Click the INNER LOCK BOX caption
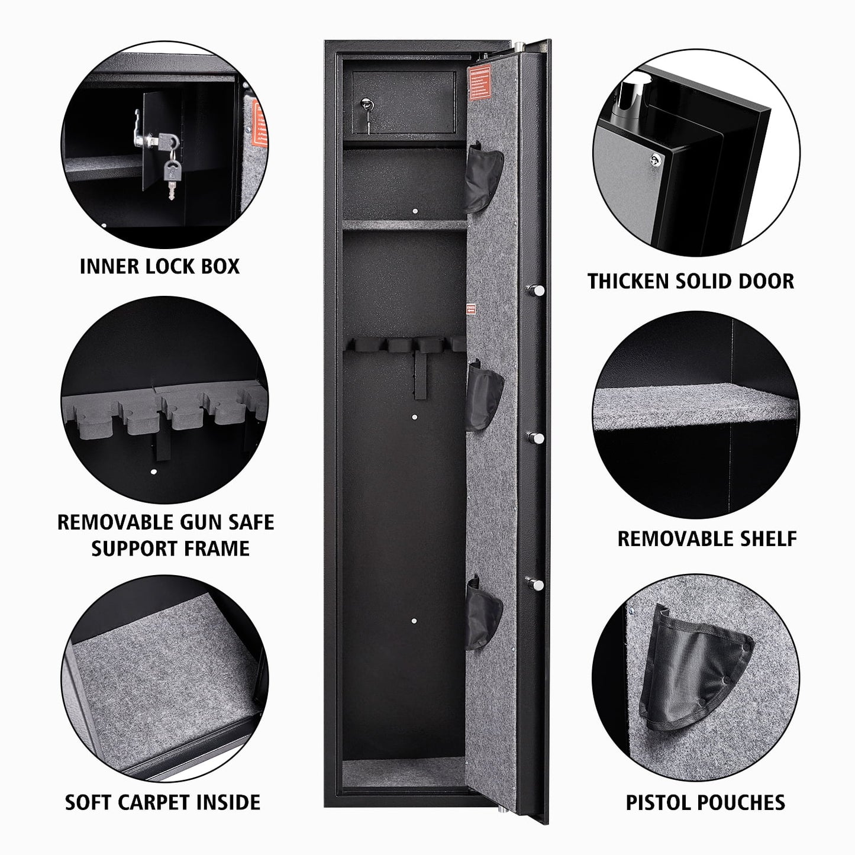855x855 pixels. tap(160, 266)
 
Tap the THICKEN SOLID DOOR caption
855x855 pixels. tap(691, 281)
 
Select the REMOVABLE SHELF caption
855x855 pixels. tap(707, 538)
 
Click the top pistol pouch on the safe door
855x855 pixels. tap(483, 178)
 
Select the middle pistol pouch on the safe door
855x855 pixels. tap(483, 395)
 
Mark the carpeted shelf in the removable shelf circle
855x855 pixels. tap(695, 408)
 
